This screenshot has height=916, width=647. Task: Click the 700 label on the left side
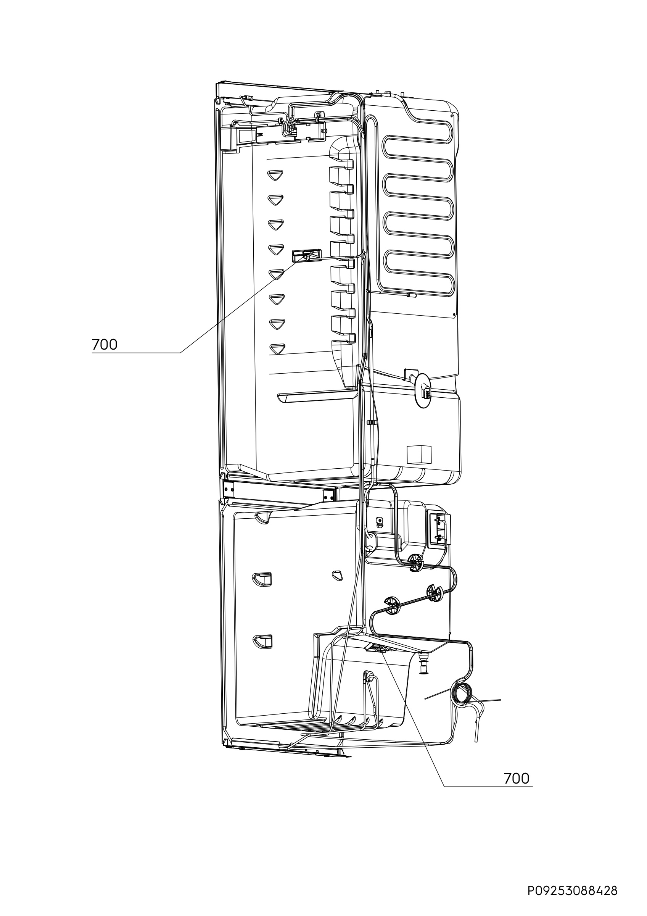(x=105, y=344)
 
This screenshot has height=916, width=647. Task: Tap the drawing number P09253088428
(x=573, y=891)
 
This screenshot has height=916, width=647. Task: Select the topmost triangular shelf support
(x=275, y=175)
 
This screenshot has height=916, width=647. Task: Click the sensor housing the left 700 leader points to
(x=307, y=255)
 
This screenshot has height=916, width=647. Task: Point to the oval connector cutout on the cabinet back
(x=424, y=390)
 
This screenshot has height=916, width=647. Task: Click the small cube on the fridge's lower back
(x=419, y=454)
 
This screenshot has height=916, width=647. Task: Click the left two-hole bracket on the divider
(x=229, y=488)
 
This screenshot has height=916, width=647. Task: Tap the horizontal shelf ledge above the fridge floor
(x=317, y=397)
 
